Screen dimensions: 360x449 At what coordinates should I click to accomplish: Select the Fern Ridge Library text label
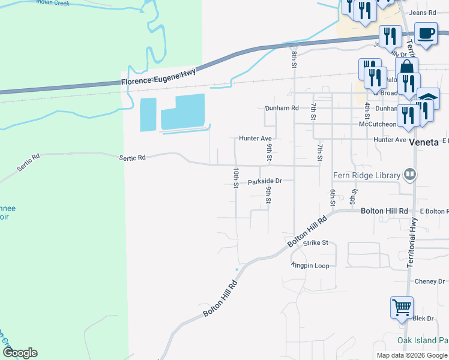pos(366,175)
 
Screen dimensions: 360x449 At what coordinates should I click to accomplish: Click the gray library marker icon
pos(410,174)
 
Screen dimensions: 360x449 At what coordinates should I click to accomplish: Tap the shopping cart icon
pos(402,308)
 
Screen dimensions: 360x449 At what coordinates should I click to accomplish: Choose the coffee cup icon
pos(426,34)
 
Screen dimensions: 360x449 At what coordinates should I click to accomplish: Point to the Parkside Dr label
pos(265,181)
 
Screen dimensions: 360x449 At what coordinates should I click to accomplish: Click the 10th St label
pos(236,177)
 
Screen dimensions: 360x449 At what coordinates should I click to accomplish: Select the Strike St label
pos(316,243)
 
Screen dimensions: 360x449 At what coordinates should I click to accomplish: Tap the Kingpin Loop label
pos(310,265)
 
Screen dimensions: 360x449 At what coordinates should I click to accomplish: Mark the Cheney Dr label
pos(429,281)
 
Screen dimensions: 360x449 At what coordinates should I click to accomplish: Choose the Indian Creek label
pos(52,2)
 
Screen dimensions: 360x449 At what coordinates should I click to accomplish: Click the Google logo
pos(20,353)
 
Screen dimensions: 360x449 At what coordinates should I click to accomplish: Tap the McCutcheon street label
pos(378,124)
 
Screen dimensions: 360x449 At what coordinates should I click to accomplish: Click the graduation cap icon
pos(429,98)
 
